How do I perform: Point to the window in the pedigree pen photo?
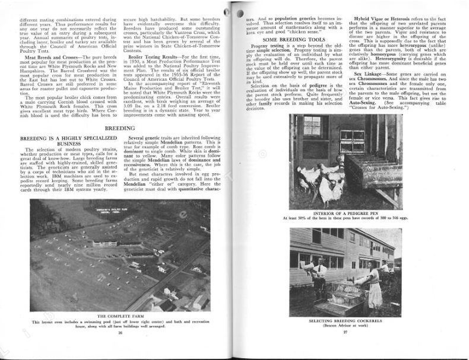311,126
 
